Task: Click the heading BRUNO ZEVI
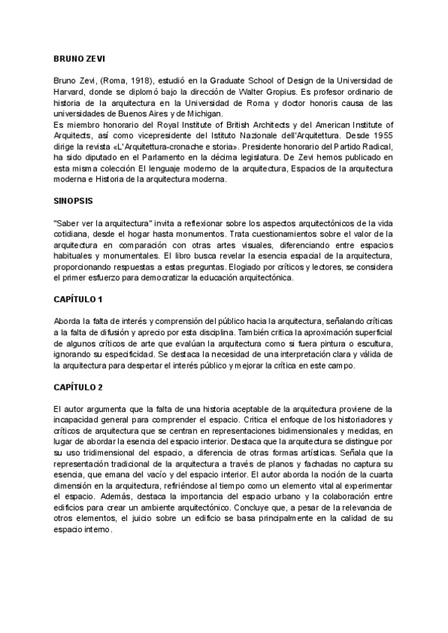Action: click(x=79, y=57)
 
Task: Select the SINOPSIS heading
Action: click(x=73, y=202)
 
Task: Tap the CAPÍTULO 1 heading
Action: click(x=78, y=300)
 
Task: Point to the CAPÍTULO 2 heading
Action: click(x=78, y=387)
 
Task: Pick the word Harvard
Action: click(x=69, y=91)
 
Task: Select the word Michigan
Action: click(x=195, y=113)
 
